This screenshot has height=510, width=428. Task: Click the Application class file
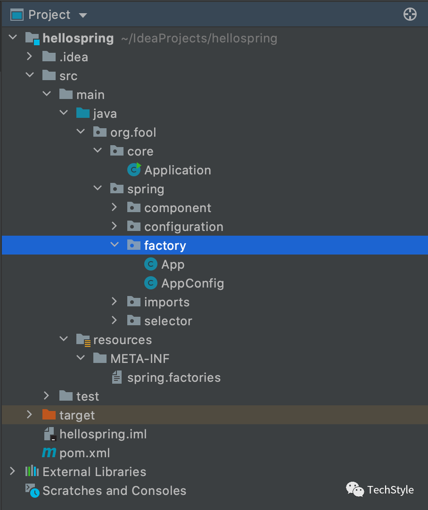177,170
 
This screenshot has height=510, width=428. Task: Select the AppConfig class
192,283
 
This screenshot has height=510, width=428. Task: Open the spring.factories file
173,378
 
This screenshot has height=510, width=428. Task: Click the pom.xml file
84,453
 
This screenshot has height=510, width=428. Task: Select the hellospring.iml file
103,434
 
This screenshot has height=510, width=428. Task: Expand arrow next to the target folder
30,415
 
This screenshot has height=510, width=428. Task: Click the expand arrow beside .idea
30,57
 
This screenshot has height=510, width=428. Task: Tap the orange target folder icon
49,415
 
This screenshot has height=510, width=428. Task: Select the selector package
168,321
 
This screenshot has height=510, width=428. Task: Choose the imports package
166,302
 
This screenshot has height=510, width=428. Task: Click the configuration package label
183,227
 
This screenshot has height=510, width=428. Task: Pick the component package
177,208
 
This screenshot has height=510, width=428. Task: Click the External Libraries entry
94,472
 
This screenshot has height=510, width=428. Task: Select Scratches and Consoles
114,491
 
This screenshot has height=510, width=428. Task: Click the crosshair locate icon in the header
410,15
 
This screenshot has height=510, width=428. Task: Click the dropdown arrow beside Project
83,15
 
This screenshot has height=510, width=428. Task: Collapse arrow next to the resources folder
64,339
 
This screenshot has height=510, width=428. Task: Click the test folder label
88,396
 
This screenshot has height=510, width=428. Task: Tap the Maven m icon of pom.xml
49,453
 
